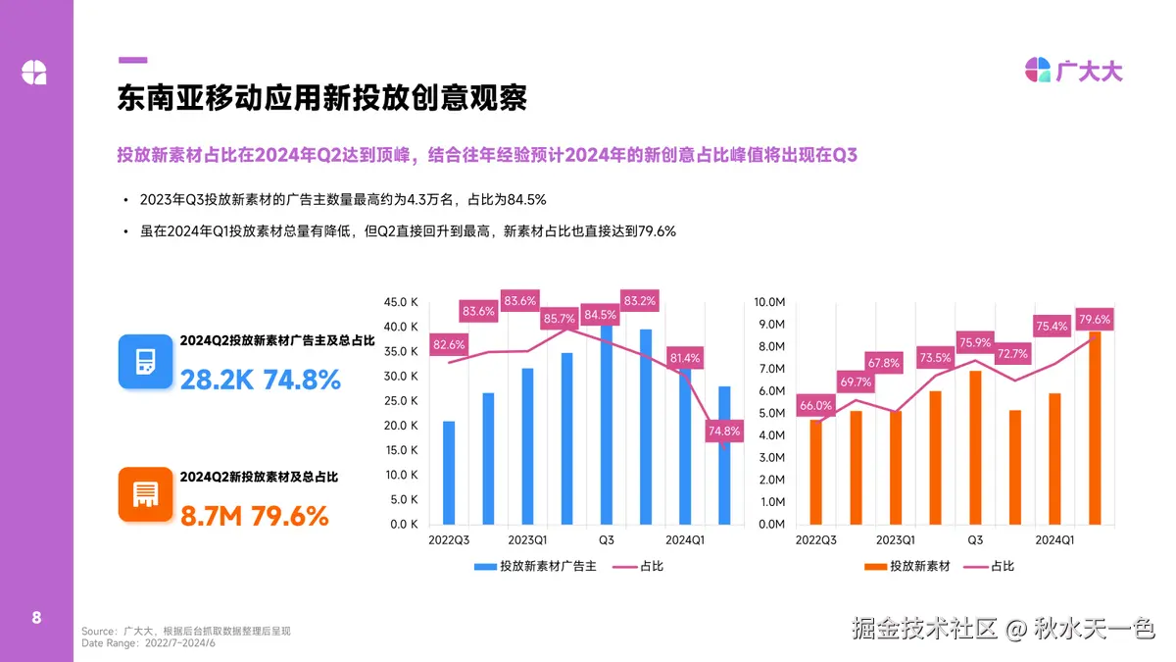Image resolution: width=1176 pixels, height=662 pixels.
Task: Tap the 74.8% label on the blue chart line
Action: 725,431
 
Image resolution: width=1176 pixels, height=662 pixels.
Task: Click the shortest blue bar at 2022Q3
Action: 449,473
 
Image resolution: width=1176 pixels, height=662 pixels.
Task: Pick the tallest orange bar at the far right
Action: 1095,429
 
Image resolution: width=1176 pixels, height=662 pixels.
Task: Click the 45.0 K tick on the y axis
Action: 402,302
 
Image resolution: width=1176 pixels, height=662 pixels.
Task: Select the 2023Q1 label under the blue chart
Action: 527,540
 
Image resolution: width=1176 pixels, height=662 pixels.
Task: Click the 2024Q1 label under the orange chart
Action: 1054,540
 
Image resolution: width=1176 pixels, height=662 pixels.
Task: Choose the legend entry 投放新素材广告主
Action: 542,566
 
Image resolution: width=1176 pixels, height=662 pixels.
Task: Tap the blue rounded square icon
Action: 145,360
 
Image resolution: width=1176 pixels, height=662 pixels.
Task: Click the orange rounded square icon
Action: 145,494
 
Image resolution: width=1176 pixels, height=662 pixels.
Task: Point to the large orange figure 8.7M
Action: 211,515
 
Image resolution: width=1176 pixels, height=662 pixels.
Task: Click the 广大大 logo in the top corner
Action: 1074,71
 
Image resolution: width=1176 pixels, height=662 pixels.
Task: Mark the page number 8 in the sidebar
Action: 36,618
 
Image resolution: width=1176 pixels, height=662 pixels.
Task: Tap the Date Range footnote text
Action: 148,643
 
